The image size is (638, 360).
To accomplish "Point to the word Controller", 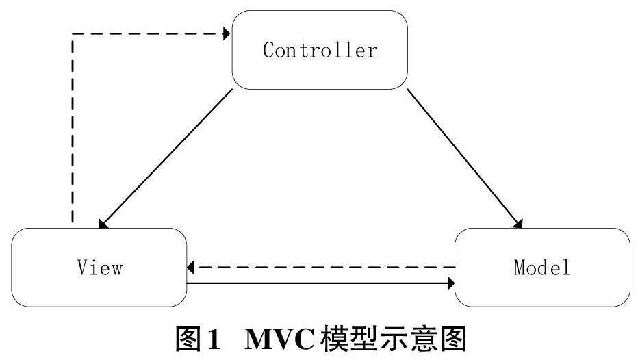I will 320,50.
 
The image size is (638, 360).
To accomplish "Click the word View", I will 99,267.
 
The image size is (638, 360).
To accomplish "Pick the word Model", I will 542,267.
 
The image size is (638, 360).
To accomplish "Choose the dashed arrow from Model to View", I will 322,267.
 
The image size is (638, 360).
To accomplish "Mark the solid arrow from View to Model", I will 322,282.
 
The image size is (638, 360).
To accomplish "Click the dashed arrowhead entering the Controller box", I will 225,34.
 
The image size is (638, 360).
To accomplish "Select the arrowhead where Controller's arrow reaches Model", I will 519,224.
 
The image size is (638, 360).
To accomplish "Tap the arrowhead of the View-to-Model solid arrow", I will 450,282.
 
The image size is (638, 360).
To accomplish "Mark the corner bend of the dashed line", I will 72,34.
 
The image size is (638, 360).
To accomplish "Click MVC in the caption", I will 281,339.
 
